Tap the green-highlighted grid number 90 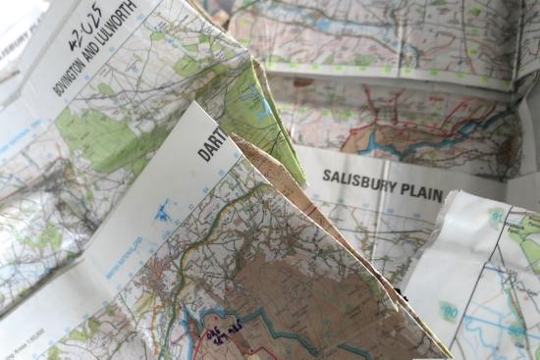451,312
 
